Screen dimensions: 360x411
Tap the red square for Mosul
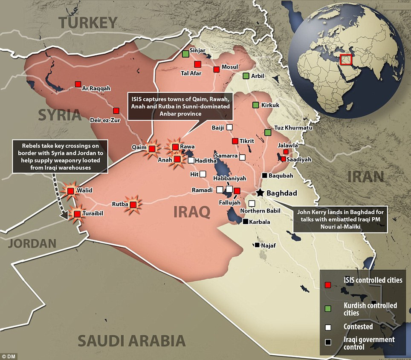coord(217,69)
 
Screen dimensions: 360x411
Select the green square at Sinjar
coord(185,54)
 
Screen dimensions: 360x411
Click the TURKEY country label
coord(88,23)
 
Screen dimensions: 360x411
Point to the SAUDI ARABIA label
coord(131,341)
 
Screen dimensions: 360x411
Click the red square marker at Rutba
coord(133,204)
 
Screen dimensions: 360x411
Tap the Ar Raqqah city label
coord(96,89)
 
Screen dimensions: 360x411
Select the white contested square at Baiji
coord(230,127)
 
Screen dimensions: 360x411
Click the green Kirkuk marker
coord(255,105)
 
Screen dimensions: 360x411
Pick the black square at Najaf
coord(257,245)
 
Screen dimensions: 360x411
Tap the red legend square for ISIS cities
coord(327,285)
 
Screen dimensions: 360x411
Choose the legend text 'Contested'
coord(358,327)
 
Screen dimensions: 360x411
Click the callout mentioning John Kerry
coord(339,220)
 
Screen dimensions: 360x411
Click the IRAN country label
coord(365,176)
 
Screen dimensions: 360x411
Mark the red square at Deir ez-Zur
coord(116,110)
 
